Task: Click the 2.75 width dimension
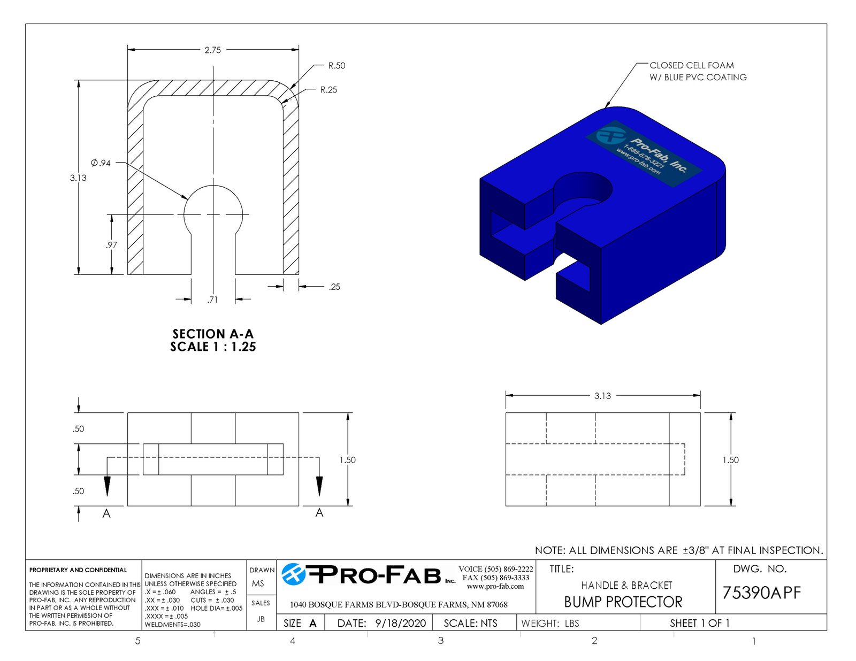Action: (x=212, y=50)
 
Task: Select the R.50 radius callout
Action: (x=337, y=66)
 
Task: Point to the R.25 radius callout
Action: (x=328, y=90)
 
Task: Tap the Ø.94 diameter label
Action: (x=101, y=163)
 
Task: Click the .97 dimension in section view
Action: (x=111, y=245)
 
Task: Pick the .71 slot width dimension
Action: (x=212, y=299)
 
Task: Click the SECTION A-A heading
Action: (x=213, y=334)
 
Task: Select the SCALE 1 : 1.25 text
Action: (x=213, y=347)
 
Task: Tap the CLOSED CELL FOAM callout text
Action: (x=692, y=65)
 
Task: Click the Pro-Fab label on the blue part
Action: (x=644, y=154)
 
